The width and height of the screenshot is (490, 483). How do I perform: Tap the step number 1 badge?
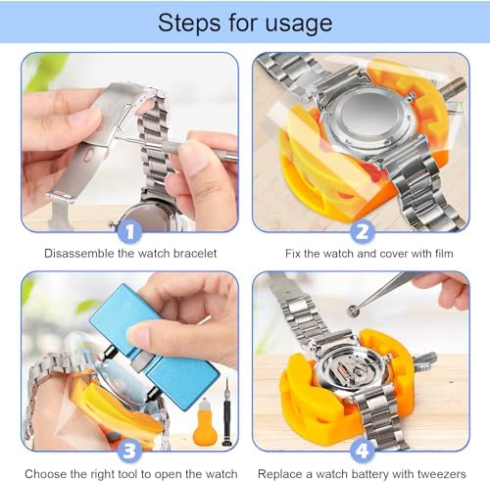(129, 231)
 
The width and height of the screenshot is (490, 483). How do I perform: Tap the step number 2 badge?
(362, 231)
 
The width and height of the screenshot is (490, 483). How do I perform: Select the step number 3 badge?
(129, 451)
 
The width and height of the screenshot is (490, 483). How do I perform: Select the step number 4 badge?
(362, 451)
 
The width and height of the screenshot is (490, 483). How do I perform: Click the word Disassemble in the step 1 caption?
(78, 254)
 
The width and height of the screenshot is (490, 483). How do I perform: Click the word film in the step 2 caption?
(444, 254)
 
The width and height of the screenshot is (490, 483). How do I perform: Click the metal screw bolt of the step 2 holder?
(453, 88)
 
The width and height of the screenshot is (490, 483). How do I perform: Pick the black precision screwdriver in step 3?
(226, 412)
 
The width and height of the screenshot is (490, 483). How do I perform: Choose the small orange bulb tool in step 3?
(205, 421)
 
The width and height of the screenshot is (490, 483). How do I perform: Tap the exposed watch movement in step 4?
(352, 369)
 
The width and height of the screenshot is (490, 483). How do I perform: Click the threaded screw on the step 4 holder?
(425, 361)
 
